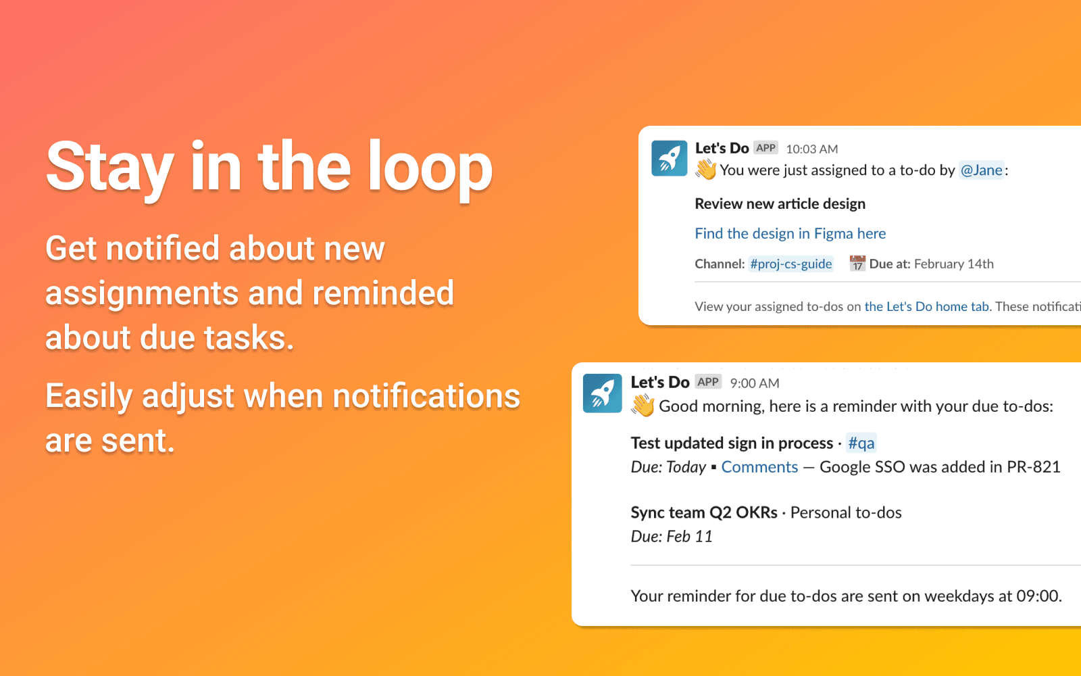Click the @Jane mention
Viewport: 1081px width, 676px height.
[981, 170]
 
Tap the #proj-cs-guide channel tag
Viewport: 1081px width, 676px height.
[790, 264]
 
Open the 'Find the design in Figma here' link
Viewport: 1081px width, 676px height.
[790, 234]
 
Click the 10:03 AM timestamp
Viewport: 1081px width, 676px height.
[811, 149]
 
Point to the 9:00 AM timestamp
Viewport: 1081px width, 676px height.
[754, 383]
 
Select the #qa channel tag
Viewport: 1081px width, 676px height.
[861, 443]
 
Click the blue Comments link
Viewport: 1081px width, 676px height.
[759, 467]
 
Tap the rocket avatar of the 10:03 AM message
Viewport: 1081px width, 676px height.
[669, 158]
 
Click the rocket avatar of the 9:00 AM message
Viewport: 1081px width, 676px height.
[602, 393]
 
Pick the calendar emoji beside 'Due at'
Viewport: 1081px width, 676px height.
[857, 263]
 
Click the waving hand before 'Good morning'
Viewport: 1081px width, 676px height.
[643, 406]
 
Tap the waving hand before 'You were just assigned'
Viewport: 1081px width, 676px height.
[706, 170]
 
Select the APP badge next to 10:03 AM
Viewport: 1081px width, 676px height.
[766, 148]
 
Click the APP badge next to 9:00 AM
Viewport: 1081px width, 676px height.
[708, 382]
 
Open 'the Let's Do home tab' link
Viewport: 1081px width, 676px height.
[926, 307]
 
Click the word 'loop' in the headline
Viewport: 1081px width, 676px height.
[430, 169]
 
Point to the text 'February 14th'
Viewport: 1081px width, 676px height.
[953, 264]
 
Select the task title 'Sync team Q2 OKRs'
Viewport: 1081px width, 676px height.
[704, 512]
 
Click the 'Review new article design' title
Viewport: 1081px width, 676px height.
[780, 204]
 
